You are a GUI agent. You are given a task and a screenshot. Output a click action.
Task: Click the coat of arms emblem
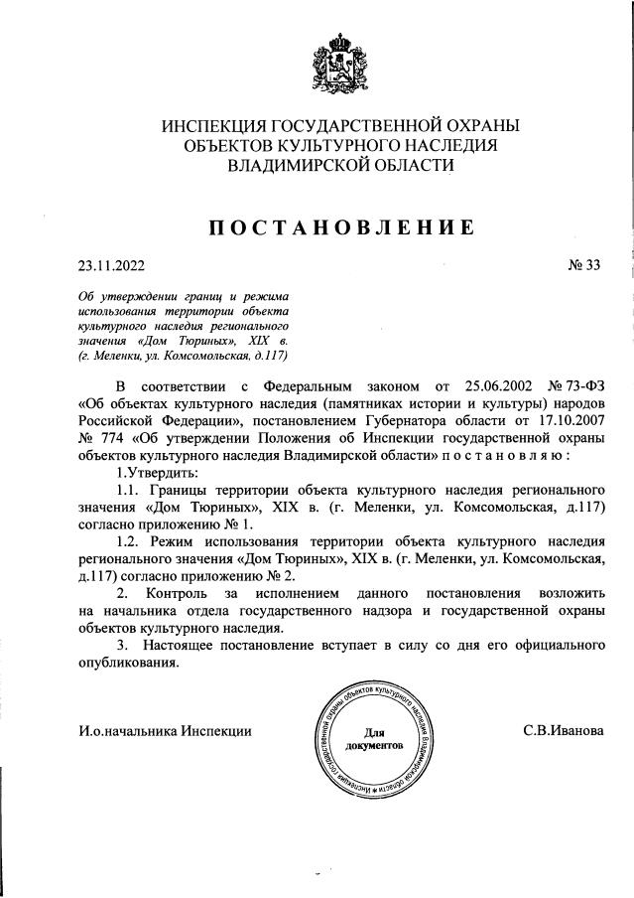[340, 65]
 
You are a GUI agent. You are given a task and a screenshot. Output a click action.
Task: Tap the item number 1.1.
[129, 492]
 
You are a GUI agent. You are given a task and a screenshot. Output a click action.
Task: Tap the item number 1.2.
[129, 542]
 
